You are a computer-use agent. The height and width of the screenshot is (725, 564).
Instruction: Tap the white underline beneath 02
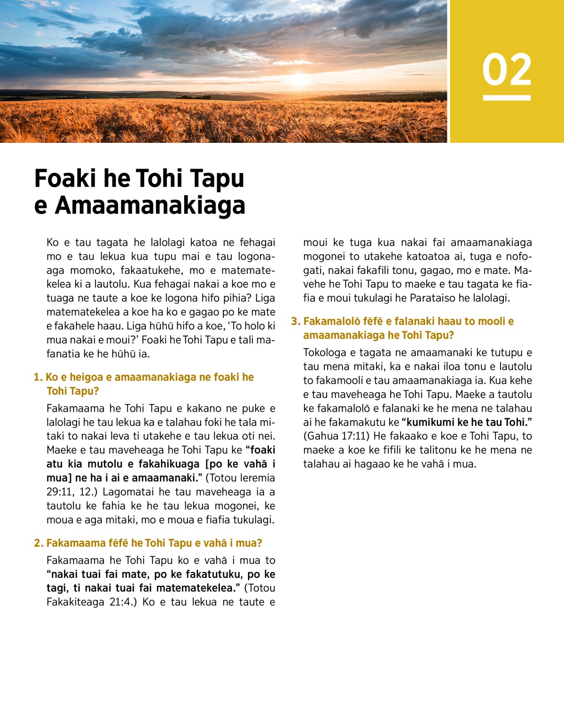tap(507, 98)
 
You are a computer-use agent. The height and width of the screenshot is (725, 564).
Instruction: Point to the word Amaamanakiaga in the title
tap(150, 205)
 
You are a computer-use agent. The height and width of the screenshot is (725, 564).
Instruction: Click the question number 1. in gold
tap(38, 377)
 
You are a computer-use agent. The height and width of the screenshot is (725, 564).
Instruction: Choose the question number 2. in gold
tap(39, 543)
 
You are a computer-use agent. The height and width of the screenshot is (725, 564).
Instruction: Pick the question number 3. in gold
tap(295, 321)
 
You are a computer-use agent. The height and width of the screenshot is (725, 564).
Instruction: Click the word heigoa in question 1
tap(86, 377)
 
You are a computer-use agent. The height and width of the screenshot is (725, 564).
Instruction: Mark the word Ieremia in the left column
tap(257, 478)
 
